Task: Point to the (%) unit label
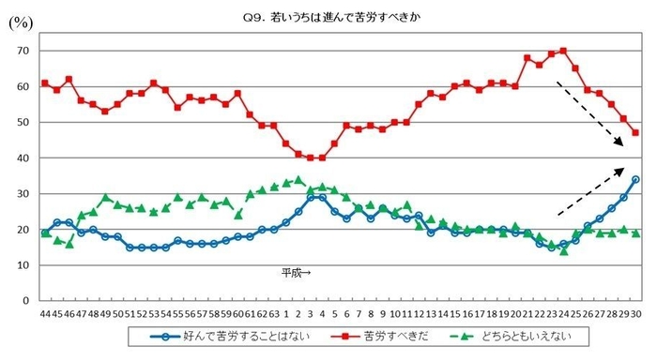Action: (20, 23)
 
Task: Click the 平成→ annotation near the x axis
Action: (296, 273)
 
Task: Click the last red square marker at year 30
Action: (635, 133)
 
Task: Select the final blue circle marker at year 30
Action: (635, 179)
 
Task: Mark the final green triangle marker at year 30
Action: (635, 233)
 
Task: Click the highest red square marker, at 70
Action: (563, 51)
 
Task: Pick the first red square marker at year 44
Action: (45, 83)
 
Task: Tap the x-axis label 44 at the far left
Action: (44, 313)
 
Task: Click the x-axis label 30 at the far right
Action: (635, 313)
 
